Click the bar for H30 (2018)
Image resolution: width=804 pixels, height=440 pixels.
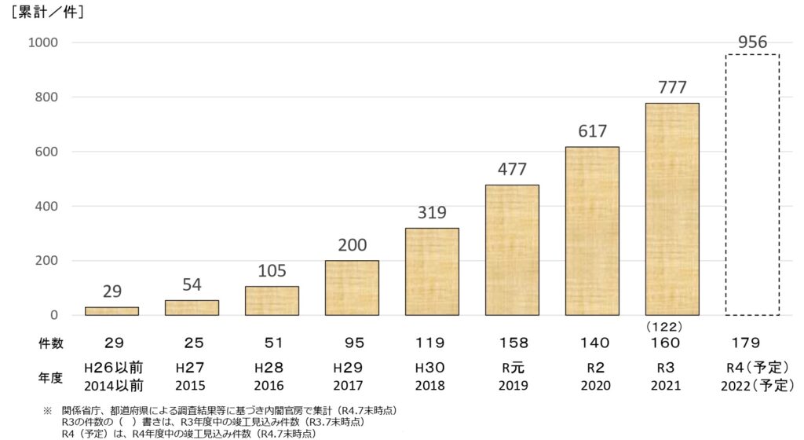(432, 271)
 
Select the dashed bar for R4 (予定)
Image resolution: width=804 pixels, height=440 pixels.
(752, 185)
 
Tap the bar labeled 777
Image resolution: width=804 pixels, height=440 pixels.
(672, 209)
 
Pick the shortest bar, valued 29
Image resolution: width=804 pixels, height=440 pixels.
(111, 311)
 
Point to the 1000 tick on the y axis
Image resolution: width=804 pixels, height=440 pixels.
(45, 42)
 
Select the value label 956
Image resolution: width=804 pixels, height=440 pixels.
(752, 42)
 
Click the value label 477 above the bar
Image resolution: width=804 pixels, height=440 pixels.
(512, 169)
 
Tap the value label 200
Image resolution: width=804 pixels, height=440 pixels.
(352, 245)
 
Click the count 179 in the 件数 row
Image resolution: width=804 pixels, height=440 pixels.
(752, 343)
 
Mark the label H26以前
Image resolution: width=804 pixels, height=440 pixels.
(114, 368)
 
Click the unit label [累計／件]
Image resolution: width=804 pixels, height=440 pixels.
(47, 13)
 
